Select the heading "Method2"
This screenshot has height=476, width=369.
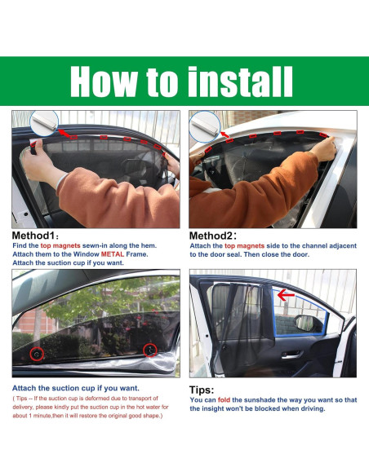click(216, 236)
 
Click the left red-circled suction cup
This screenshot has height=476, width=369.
click(36, 355)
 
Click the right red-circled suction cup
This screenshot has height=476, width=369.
click(149, 350)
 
